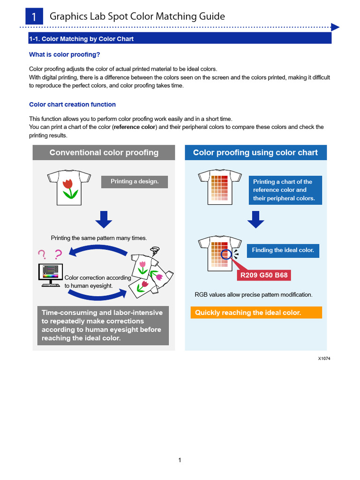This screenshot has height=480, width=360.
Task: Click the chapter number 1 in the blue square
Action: coord(34,16)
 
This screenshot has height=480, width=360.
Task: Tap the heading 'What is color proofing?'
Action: coord(64,54)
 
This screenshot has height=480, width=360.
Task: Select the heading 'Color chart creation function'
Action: coord(72,105)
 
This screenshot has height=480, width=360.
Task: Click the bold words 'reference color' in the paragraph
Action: coord(135,127)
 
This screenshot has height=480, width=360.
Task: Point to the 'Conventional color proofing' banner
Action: coord(104,152)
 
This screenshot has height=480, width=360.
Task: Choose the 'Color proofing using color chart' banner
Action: coord(255,152)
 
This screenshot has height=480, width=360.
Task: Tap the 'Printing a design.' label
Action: coord(135,181)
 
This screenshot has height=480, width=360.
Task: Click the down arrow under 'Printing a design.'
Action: coord(104,219)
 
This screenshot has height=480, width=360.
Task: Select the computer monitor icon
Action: coord(51,275)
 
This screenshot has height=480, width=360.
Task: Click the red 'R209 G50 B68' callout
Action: coord(264,275)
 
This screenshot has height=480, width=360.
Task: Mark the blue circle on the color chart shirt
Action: coord(226,255)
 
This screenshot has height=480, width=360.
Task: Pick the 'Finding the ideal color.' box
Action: coord(283,250)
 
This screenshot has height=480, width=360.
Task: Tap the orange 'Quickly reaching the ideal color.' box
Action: coord(256,313)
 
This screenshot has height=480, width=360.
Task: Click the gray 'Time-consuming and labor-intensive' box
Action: coord(103,325)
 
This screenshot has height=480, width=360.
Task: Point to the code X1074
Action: coord(324,359)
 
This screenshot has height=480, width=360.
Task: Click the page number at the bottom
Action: coord(180,460)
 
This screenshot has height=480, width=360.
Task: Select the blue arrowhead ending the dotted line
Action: coord(335,27)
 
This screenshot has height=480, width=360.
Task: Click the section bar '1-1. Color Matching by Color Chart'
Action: coord(180,38)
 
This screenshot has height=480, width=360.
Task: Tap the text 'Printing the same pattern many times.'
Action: coord(99,238)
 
